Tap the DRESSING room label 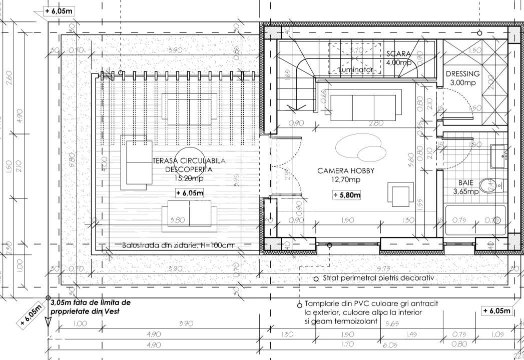point(462,74)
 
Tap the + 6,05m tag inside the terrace point(190,193)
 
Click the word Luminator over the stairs point(355,70)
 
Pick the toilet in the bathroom point(488,186)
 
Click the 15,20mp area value point(189,178)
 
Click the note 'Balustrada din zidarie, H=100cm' point(178,246)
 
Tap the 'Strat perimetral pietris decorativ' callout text point(378,278)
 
